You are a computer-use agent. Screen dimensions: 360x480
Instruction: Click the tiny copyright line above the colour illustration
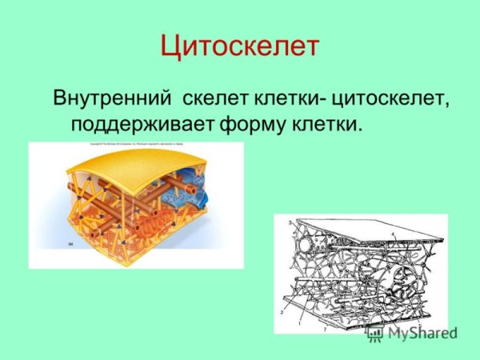click(136, 145)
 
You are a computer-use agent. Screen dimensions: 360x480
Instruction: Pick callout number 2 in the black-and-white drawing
click(282, 312)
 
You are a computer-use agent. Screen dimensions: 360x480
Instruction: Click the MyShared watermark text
click(422, 334)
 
